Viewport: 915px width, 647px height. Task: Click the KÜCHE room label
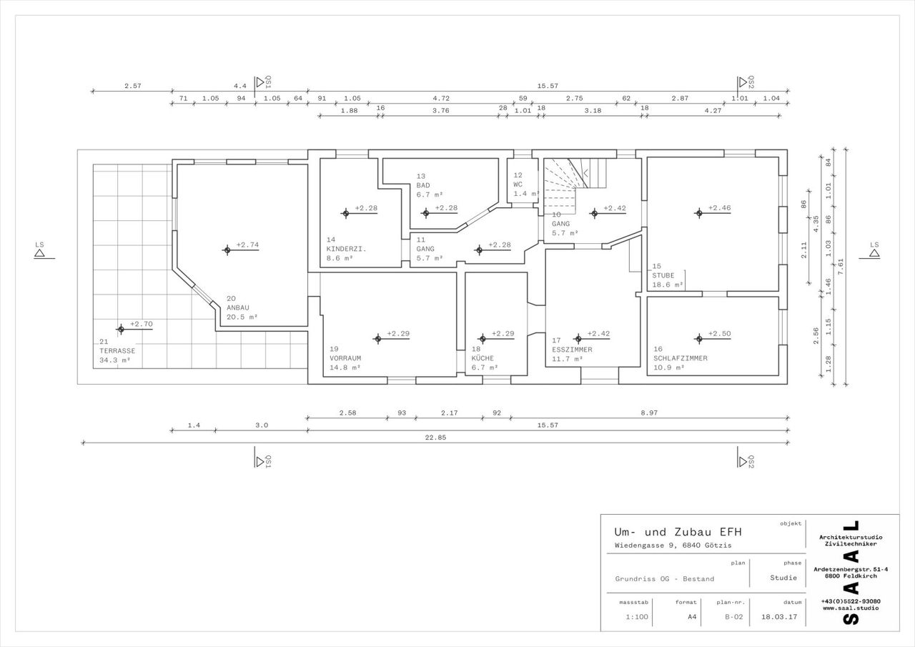point(483,358)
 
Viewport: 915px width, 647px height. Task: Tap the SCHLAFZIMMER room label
point(680,358)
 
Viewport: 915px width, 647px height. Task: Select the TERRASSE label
point(117,351)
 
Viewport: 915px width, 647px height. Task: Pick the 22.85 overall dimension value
point(435,438)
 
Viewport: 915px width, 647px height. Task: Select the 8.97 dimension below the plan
point(649,413)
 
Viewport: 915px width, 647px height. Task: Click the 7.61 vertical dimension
point(840,267)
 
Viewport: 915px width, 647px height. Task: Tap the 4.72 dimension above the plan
point(441,98)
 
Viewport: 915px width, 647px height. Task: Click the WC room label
point(518,184)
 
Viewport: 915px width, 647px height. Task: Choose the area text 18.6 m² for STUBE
point(668,285)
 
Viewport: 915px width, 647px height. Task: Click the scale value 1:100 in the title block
point(637,617)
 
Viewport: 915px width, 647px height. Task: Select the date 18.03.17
point(779,617)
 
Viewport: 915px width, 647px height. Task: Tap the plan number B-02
point(733,617)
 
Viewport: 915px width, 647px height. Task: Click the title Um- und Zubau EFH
point(678,532)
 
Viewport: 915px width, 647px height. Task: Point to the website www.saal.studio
point(851,608)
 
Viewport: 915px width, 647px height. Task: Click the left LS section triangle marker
point(39,253)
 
